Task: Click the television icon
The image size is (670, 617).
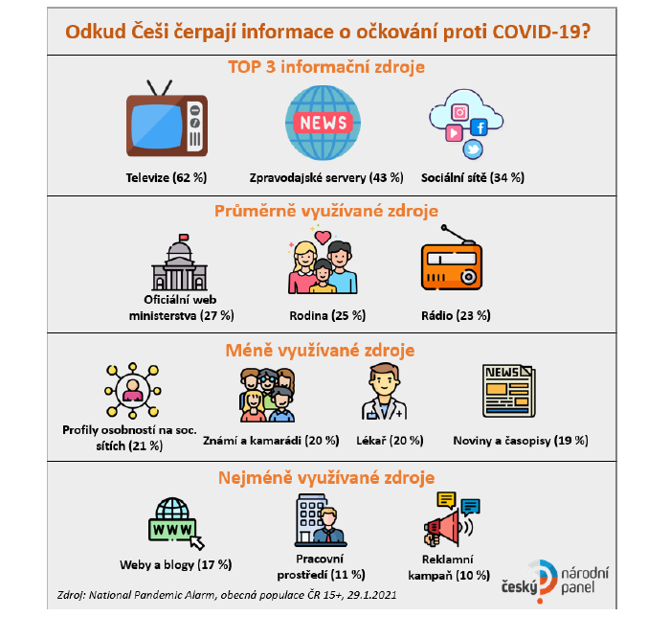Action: pyautogui.click(x=167, y=123)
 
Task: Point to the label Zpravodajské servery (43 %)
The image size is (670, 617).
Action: pyautogui.click(x=326, y=178)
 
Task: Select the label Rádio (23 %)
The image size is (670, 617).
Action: pyautogui.click(x=456, y=314)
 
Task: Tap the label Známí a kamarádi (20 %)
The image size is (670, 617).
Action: pyautogui.click(x=271, y=441)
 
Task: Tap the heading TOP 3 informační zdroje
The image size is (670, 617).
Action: pyautogui.click(x=326, y=69)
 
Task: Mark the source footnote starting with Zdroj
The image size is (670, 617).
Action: pyautogui.click(x=227, y=595)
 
